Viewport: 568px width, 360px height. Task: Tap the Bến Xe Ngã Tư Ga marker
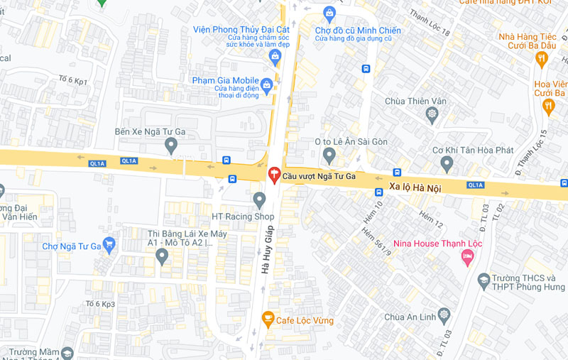[170, 146]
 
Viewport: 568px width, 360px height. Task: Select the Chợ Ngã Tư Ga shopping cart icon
[109, 246]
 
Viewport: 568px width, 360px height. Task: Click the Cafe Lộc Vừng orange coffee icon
[268, 320]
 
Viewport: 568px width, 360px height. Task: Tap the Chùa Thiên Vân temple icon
[432, 114]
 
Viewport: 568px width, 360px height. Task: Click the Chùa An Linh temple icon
[444, 314]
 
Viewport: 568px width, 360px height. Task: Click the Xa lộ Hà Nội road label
[415, 188]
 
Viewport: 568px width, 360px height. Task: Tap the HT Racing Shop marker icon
[259, 200]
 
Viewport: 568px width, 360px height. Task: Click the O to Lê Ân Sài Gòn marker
[329, 155]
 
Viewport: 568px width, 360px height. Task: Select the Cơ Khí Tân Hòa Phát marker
[447, 163]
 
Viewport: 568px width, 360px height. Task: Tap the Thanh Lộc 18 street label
[430, 23]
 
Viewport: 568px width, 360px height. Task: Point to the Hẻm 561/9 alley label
[376, 241]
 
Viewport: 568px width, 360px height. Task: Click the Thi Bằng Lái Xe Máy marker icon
[162, 256]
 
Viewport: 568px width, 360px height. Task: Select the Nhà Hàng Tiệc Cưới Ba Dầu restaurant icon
[542, 59]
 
